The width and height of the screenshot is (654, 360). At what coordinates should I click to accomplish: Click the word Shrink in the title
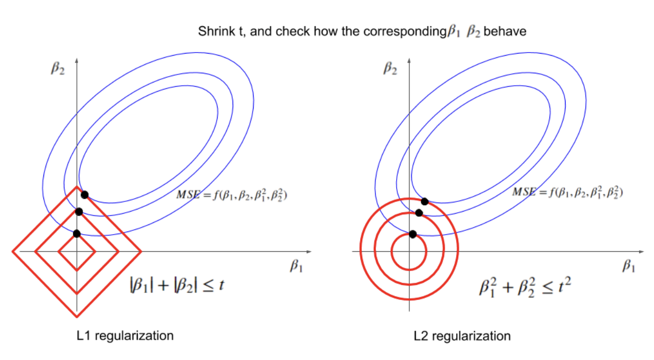(213, 32)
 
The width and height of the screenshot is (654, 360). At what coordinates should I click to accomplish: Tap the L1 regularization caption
(125, 336)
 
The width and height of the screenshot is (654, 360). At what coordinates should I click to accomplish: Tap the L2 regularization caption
(462, 336)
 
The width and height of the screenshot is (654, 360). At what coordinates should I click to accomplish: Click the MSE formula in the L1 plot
(232, 196)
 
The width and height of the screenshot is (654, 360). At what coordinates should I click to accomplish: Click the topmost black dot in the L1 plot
(84, 194)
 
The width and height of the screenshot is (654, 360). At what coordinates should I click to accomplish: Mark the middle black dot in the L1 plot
(79, 212)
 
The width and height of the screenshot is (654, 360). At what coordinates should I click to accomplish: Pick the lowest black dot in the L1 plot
(77, 233)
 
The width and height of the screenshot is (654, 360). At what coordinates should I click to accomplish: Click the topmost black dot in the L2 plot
(425, 201)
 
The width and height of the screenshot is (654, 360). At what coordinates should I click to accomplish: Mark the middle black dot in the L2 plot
(419, 213)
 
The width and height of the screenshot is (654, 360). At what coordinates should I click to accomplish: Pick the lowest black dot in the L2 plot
(412, 234)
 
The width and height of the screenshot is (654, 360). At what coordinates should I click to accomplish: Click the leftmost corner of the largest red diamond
(13, 251)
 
